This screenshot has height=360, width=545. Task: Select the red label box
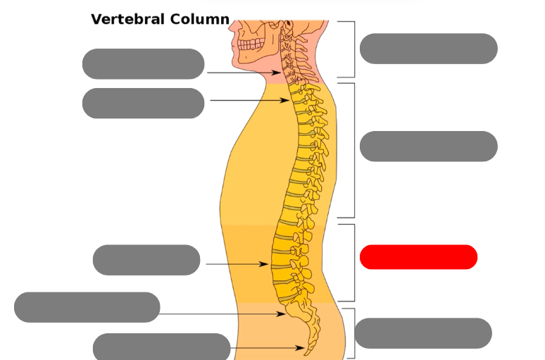point(418,257)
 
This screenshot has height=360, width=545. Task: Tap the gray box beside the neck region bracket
point(428,49)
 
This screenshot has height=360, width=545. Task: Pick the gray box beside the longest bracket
point(428,147)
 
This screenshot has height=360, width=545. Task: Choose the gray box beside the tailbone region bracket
point(422,333)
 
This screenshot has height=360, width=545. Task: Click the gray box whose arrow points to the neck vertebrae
point(143,64)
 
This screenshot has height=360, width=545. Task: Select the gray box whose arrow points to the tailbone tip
point(161,347)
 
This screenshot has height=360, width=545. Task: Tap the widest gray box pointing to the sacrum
point(87,307)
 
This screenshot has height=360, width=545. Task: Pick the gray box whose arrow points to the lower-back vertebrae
point(146,260)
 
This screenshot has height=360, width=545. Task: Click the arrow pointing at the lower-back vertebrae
point(237,264)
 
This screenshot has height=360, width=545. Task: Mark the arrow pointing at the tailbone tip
point(268,348)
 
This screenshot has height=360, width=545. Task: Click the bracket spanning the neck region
point(352,49)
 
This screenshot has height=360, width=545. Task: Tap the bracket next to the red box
point(352,263)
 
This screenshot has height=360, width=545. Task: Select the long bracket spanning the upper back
point(352,150)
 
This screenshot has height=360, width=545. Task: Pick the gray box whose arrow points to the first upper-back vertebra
point(143,104)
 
